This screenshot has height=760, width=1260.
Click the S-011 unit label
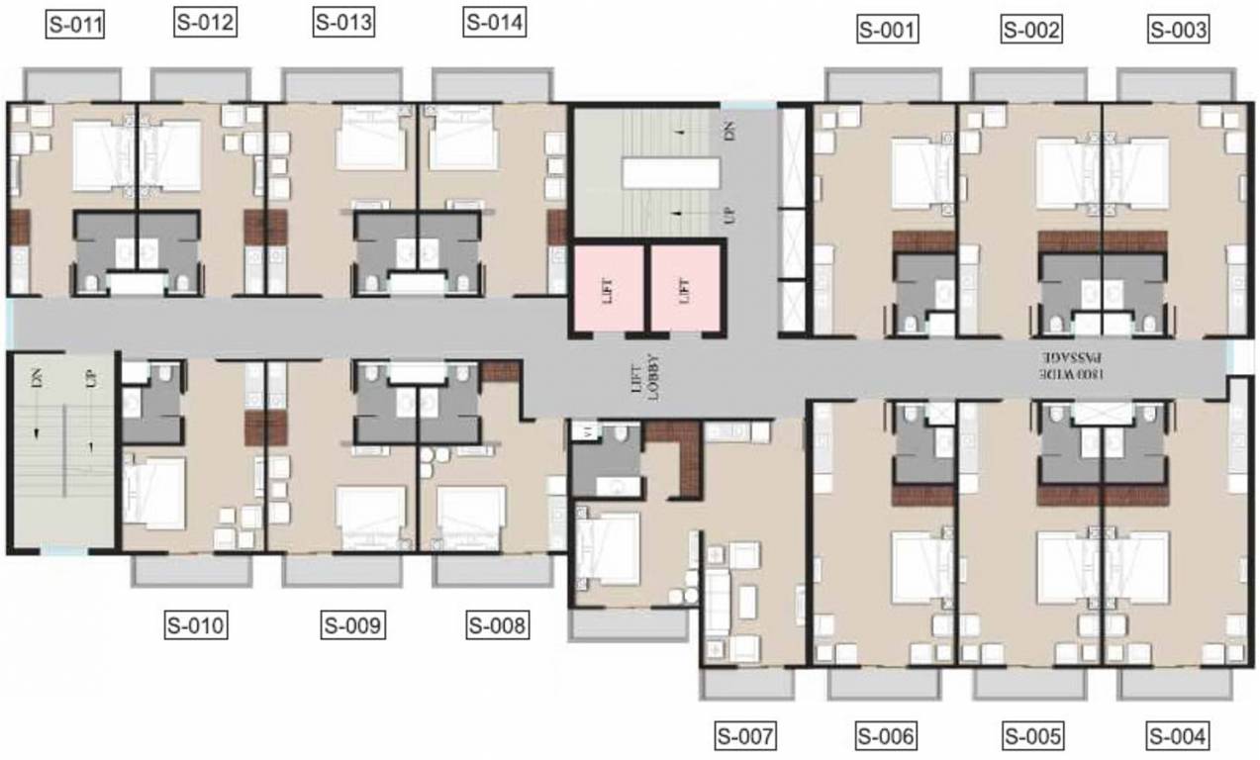click(75, 23)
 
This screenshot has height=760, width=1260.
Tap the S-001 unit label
click(887, 31)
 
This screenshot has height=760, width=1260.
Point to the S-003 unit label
click(1178, 31)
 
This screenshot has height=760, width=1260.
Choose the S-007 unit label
click(745, 736)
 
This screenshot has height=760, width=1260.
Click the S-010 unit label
click(196, 624)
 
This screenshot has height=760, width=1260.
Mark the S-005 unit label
click(1033, 736)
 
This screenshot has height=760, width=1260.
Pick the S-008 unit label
click(497, 624)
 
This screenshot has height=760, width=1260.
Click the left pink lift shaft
click(607, 289)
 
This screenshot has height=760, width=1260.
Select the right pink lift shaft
click(684, 289)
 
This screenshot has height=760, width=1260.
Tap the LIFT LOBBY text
click(644, 377)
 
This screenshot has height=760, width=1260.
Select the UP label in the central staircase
click(729, 215)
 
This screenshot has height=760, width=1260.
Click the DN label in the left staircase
click(36, 377)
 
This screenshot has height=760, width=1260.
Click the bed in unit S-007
click(609, 546)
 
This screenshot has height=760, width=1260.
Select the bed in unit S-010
click(155, 492)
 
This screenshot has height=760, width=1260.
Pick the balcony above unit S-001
click(882, 84)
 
